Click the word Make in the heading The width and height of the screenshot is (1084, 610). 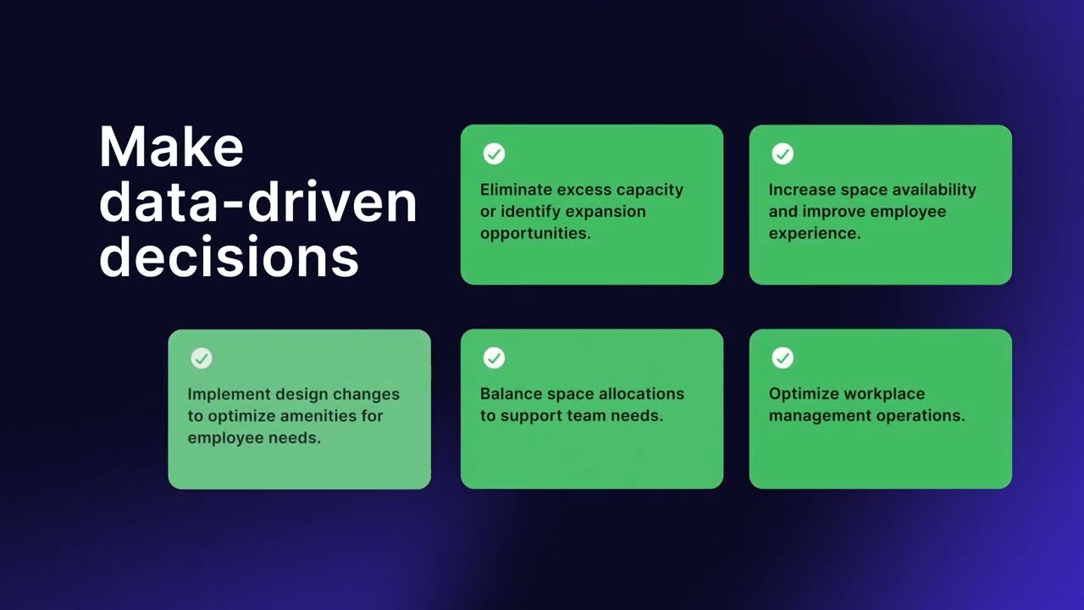click(x=171, y=147)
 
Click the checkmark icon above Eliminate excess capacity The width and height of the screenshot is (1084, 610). click(x=494, y=153)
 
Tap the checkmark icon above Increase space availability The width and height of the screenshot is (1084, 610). click(x=783, y=153)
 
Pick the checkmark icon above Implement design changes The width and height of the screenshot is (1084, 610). click(x=201, y=358)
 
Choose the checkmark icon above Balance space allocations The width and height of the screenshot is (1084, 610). click(x=494, y=358)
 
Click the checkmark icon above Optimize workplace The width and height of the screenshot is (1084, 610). click(x=783, y=358)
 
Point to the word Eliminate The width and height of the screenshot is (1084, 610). click(x=516, y=190)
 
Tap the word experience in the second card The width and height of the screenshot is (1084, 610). click(x=815, y=233)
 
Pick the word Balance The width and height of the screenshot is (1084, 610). click(x=511, y=394)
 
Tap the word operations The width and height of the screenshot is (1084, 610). click(x=922, y=416)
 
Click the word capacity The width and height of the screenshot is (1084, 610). click(x=650, y=190)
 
